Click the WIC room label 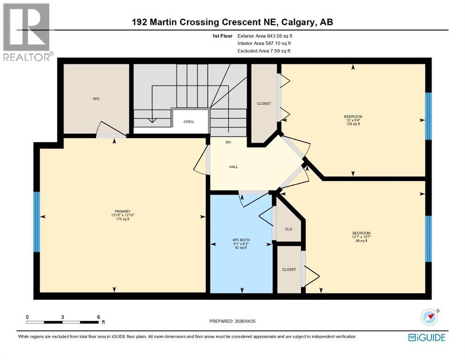coord(96,99)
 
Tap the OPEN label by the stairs coord(188,122)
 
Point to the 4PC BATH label coord(242,240)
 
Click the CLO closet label coord(288,229)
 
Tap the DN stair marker coord(228,142)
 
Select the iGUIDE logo coord(426,337)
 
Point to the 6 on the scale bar coord(98,317)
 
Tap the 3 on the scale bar coord(62,317)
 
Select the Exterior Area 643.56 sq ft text coord(265,36)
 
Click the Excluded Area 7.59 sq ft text coord(264,51)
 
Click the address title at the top coord(233,22)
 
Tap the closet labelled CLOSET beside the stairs coord(264,104)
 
